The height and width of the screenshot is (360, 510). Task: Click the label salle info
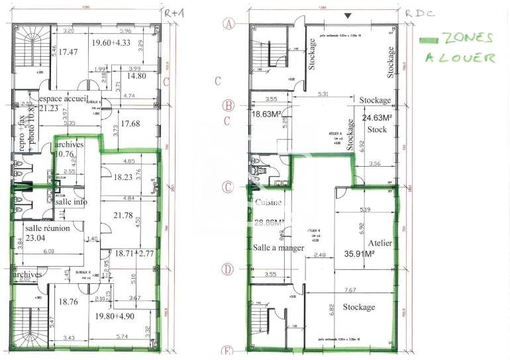pos(72,202)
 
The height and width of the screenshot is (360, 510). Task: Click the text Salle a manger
pos(278,247)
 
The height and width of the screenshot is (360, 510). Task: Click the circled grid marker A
pos(229,24)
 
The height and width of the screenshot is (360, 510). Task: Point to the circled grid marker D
pos(229,269)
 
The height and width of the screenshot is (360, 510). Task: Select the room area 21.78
pos(124,216)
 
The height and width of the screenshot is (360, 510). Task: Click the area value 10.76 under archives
pos(66,154)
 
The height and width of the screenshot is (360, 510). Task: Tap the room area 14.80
pos(135,76)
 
